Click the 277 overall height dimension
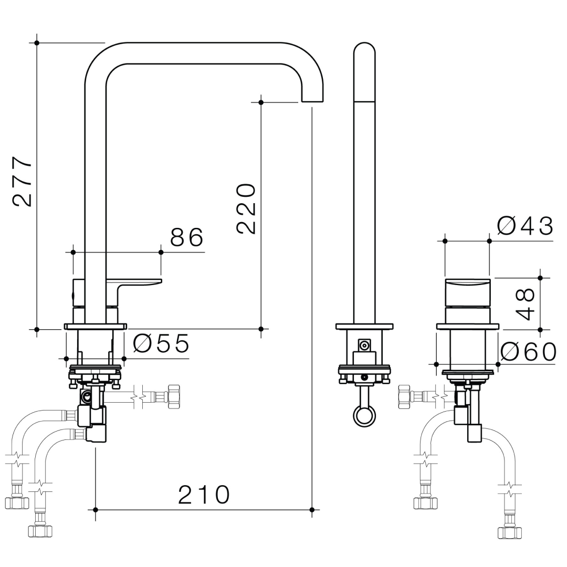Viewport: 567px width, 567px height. (23, 181)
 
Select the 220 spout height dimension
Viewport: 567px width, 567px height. (246, 208)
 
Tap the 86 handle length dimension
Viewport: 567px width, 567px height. (186, 238)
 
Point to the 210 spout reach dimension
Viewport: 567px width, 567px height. (204, 495)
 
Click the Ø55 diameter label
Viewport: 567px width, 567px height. (161, 344)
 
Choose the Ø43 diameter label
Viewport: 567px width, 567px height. (526, 226)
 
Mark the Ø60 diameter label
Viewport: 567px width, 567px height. (528, 352)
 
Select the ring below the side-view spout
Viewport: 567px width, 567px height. (364, 416)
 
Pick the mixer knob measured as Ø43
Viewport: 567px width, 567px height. (467, 293)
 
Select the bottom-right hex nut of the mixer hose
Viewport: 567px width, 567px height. (509, 532)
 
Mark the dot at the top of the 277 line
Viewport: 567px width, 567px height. (37, 43)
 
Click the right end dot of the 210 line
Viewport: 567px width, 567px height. (312, 509)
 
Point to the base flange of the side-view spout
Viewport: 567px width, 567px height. (364, 327)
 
